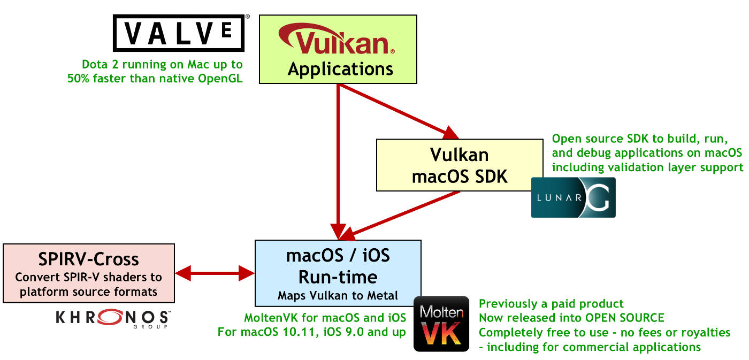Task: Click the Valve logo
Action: coord(179,33)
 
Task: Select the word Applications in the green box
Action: coord(340,69)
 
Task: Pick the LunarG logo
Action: coord(573,197)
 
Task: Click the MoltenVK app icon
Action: coord(441,324)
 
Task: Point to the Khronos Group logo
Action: coord(113,318)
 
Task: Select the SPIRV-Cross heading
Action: coord(89,259)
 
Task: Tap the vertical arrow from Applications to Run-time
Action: coord(338,160)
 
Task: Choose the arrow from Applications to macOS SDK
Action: coord(399,111)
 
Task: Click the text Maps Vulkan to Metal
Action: coord(338,295)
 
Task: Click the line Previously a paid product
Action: coord(551,303)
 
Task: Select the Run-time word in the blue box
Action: coord(338,277)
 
